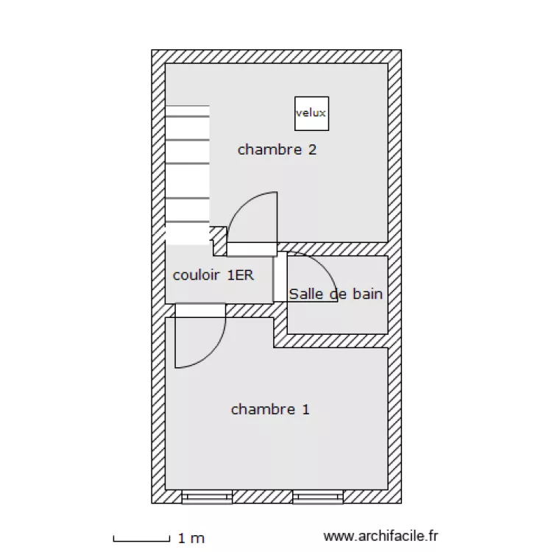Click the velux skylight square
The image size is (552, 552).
pyautogui.click(x=311, y=113)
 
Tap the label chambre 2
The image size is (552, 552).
pyautogui.click(x=277, y=149)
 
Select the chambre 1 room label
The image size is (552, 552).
pyautogui.click(x=270, y=409)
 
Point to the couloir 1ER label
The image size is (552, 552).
pyautogui.click(x=213, y=275)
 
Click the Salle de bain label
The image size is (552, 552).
pyautogui.click(x=336, y=294)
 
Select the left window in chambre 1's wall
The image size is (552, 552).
pyautogui.click(x=207, y=497)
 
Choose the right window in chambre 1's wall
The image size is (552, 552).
pyautogui.click(x=318, y=497)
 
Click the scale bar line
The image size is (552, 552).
pyautogui.click(x=141, y=540)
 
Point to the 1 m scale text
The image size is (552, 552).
pyautogui.click(x=191, y=538)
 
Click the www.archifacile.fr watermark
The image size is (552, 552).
pyautogui.click(x=381, y=536)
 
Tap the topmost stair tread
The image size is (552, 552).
pyautogui.click(x=188, y=110)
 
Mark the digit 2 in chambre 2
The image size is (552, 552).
pyautogui.click(x=313, y=149)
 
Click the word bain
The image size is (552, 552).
pyautogui.click(x=367, y=294)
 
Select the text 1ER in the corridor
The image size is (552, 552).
pyautogui.click(x=241, y=275)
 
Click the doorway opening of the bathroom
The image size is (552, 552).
pyautogui.click(x=280, y=277)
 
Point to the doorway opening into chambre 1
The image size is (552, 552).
pyautogui.click(x=200, y=311)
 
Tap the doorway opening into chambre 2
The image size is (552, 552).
pyautogui.click(x=252, y=250)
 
